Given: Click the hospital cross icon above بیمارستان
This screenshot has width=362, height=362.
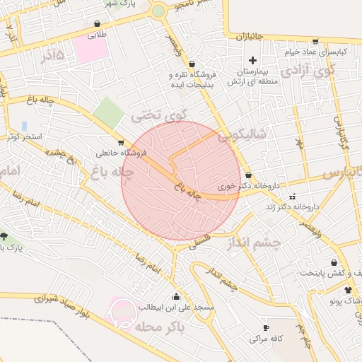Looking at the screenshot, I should coord(252,61).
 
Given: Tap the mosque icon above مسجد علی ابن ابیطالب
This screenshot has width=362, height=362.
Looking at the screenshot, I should coord(175,296).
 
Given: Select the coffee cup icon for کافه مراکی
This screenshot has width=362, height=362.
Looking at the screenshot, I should coord(266,327).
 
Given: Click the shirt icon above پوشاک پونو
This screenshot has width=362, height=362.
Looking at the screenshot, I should coord(347,290).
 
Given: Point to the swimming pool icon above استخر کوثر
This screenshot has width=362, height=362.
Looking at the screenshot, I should coord(25,126).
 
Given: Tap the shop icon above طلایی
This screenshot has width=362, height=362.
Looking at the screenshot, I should coord(97,24).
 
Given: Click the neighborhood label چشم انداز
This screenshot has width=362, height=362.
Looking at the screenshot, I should coord(254,243).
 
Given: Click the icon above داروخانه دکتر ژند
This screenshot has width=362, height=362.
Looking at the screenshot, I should coord(293,196).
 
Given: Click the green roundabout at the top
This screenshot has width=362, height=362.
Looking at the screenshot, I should coord(158,11).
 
